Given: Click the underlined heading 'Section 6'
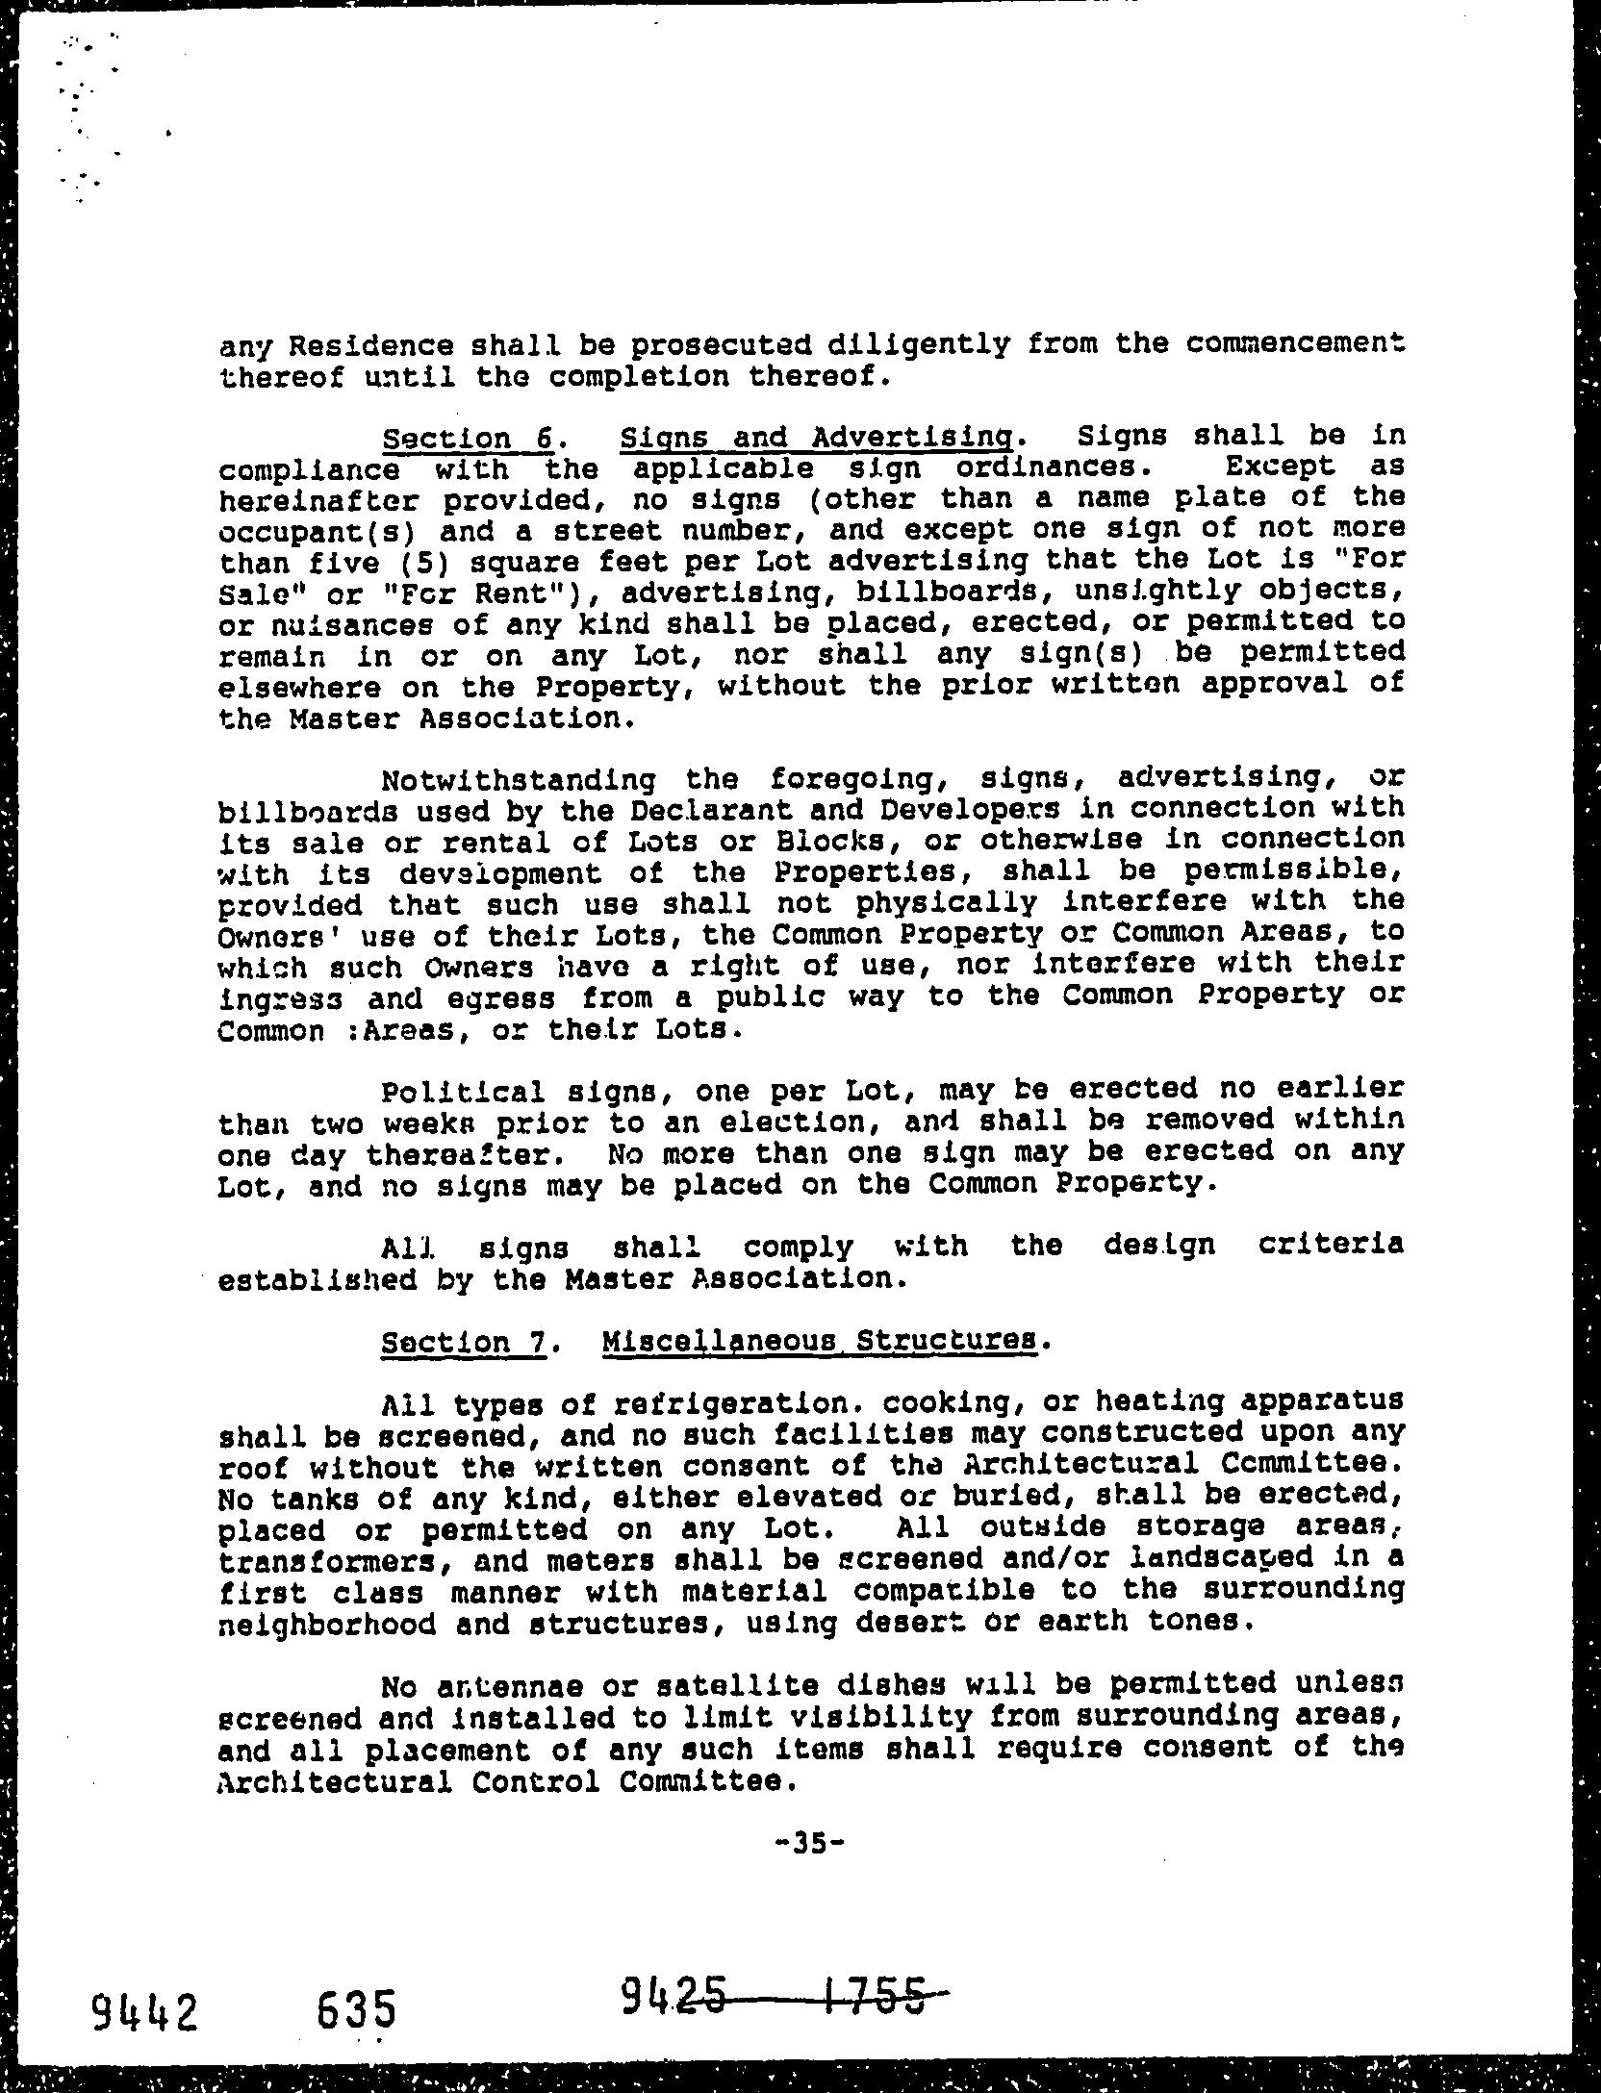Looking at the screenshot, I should [x=468, y=439].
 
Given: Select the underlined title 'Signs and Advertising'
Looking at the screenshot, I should [x=817, y=439].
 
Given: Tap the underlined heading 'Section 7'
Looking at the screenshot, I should [x=464, y=1341].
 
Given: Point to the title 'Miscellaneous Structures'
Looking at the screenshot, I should [x=820, y=1341].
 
